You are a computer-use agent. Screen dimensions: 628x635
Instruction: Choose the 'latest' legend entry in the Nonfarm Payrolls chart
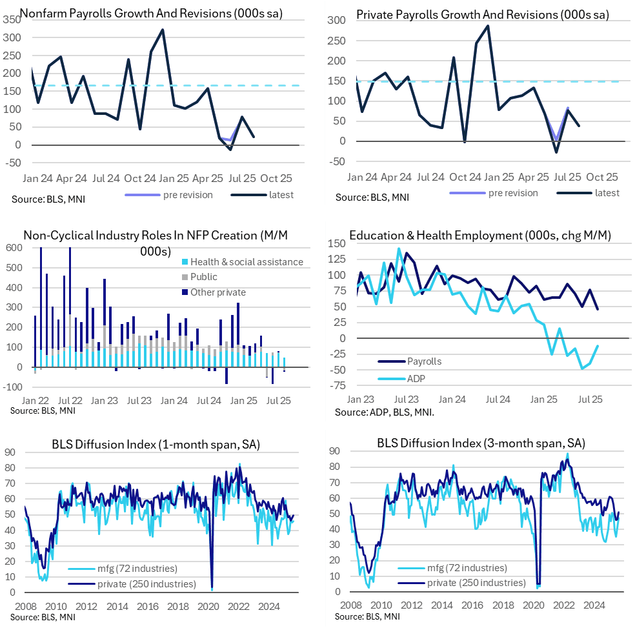click(280, 194)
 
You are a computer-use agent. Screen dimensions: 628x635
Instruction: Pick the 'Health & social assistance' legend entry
click(247, 261)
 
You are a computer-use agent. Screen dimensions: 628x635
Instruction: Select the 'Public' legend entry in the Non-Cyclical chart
click(204, 277)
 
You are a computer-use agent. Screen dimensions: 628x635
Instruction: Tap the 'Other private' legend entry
click(218, 292)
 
